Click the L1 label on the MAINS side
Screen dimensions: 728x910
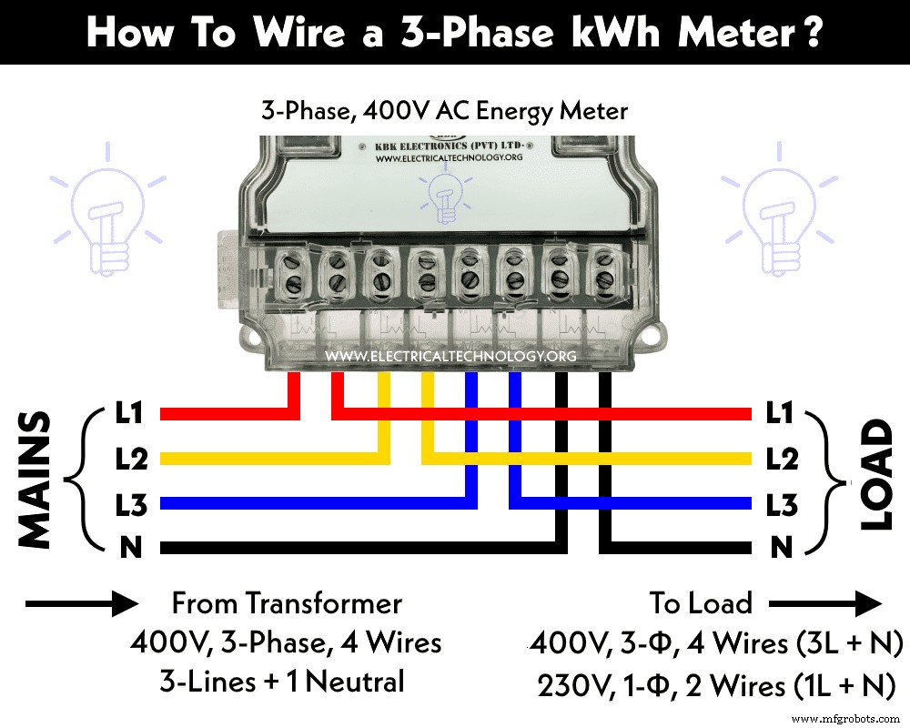point(131,414)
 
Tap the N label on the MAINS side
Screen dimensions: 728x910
point(129,548)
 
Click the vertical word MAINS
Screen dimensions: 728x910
point(35,480)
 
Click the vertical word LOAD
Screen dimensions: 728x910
point(876,474)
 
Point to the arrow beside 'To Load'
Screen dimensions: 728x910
point(824,602)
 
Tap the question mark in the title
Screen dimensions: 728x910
point(812,34)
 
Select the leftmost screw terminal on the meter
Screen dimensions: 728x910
point(291,271)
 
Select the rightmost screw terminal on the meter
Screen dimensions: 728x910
point(602,271)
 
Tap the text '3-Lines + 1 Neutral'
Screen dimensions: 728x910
point(287,682)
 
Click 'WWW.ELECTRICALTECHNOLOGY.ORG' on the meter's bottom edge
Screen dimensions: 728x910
point(450,357)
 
